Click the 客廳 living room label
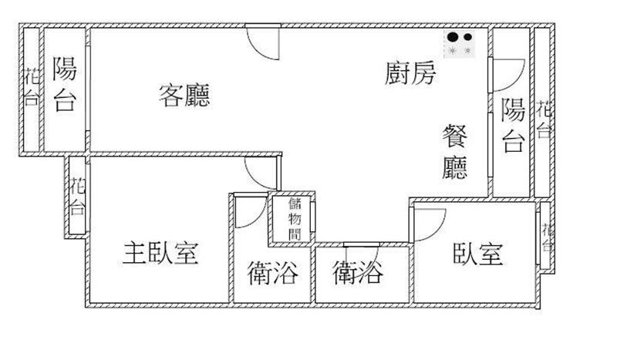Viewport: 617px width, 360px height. coord(184,96)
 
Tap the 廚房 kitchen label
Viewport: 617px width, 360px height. coord(410,72)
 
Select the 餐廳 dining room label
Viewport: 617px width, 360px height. coord(455,151)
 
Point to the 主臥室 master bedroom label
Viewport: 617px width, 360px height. coord(160,254)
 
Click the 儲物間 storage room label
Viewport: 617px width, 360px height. coord(295,219)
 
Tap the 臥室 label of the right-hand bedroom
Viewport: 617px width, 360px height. coord(478,254)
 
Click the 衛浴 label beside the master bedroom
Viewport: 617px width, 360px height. coord(273,273)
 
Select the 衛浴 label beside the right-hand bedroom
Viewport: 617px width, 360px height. coord(358,273)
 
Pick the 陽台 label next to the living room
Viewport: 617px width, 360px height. coord(65,84)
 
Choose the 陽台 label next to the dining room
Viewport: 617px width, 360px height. coord(513,125)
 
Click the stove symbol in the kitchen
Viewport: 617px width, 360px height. coord(460,44)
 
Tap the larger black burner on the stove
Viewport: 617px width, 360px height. coord(453,37)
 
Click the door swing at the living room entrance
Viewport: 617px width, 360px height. coord(257,50)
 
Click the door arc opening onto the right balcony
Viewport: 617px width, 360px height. coord(517,81)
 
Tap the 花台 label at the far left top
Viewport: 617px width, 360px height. coord(32,87)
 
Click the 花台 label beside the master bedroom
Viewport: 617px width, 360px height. coord(78,196)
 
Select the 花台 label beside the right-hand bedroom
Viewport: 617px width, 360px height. coord(548,237)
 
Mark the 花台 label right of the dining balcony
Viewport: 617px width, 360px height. coord(545,119)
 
